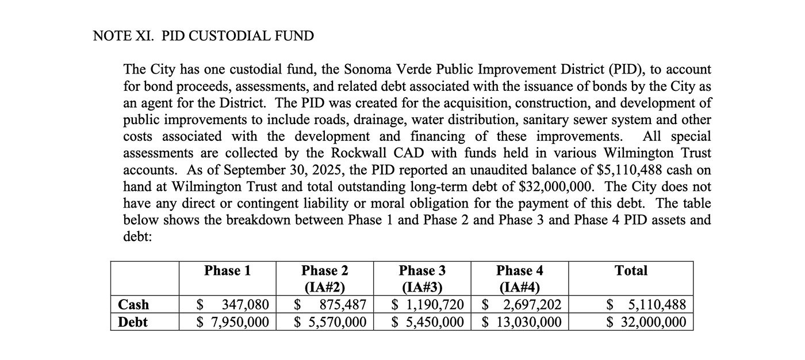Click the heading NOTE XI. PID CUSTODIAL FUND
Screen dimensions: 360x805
click(203, 36)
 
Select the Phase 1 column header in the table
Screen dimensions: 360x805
click(227, 271)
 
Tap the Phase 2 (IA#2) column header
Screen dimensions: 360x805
click(324, 278)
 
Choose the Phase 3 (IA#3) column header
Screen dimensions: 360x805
click(422, 278)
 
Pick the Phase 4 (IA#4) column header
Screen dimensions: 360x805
click(519, 278)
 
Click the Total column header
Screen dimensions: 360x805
click(631, 271)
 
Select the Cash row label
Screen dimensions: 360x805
click(133, 305)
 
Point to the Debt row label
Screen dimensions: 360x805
click(132, 322)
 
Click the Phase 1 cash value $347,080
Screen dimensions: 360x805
click(233, 305)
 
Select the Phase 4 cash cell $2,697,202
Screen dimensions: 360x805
click(522, 305)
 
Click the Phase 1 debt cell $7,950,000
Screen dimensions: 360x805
click(233, 322)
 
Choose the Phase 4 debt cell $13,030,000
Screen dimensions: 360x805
click(522, 322)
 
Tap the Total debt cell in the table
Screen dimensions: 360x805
click(647, 322)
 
